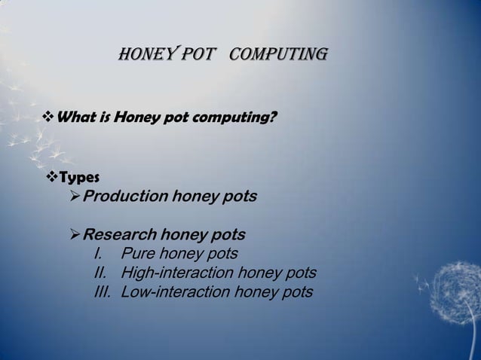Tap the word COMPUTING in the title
[277, 55]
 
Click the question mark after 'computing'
[272, 117]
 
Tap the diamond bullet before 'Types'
[51, 178]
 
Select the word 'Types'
[79, 178]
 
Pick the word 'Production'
[125, 197]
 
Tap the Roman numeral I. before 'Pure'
[97, 253]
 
